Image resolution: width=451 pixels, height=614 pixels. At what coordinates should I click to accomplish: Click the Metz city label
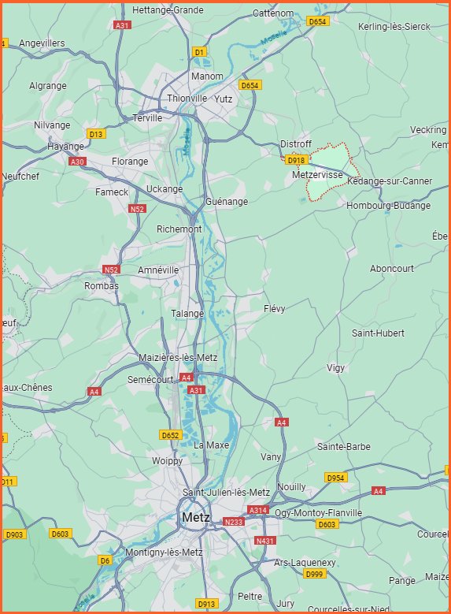coord(194,518)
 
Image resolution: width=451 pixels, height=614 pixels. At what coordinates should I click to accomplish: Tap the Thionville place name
coord(187,99)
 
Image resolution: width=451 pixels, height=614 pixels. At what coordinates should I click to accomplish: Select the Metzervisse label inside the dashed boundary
coord(316,174)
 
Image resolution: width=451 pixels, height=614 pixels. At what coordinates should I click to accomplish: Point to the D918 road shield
coord(296,160)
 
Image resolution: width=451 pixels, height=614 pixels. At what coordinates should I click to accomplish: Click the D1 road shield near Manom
coord(199,52)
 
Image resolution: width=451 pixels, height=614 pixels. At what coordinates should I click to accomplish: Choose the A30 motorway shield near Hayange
coord(77,162)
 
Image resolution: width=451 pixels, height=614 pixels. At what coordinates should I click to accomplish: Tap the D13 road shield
coord(96,134)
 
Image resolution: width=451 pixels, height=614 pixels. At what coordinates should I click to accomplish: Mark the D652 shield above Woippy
coord(171,435)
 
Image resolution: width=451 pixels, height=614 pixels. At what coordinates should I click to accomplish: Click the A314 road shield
coord(258,511)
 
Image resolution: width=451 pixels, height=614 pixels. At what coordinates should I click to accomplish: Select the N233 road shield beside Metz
coord(234,522)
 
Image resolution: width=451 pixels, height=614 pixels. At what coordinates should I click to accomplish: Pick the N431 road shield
coord(265,541)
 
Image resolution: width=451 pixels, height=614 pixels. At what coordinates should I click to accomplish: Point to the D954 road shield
coord(335,478)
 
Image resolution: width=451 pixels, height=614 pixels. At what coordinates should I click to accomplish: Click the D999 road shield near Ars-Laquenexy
coord(314,574)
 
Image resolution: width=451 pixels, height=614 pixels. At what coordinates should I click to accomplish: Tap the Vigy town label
coord(336,368)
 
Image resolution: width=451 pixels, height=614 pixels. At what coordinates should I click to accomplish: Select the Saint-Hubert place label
coord(378,333)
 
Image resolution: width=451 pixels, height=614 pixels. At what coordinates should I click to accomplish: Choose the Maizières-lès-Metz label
coord(178,358)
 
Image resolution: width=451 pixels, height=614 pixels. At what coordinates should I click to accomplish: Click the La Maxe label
coord(211,445)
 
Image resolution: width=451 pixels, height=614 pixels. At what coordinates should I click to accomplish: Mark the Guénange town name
coord(227,202)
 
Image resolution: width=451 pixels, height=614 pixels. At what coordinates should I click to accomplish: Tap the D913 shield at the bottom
coord(206,604)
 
